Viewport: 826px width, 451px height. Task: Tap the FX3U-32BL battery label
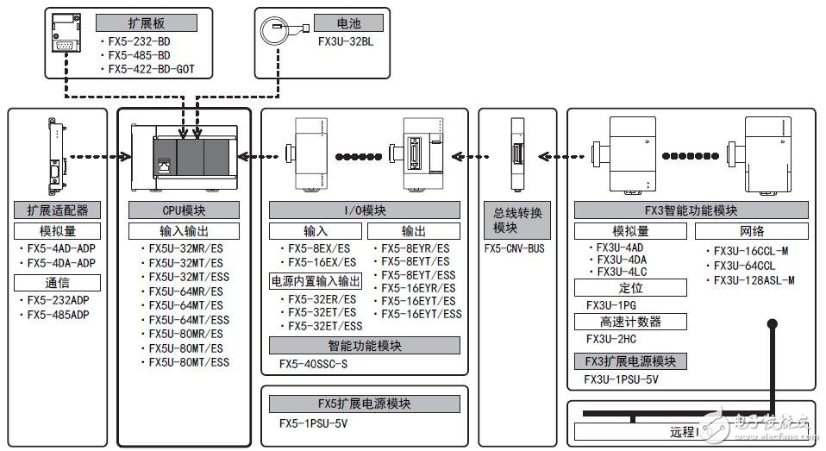pyautogui.click(x=344, y=40)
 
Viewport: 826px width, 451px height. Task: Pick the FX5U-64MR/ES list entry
pyautogui.click(x=185, y=291)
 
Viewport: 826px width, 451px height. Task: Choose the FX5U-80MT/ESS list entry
pyautogui.click(x=188, y=362)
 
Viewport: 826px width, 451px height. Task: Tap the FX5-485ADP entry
pyautogui.click(x=58, y=315)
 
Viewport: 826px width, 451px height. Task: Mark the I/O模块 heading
pyautogui.click(x=363, y=210)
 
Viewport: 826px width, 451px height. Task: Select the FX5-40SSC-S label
pyautogui.click(x=313, y=364)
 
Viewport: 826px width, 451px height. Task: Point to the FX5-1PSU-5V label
pyautogui.click(x=313, y=423)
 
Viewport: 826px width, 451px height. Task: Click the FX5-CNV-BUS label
pyautogui.click(x=515, y=249)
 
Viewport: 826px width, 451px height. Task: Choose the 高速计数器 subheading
pyautogui.click(x=629, y=322)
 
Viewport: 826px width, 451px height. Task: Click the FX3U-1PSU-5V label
pyautogui.click(x=621, y=379)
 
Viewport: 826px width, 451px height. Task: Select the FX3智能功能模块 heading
pyautogui.click(x=691, y=210)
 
